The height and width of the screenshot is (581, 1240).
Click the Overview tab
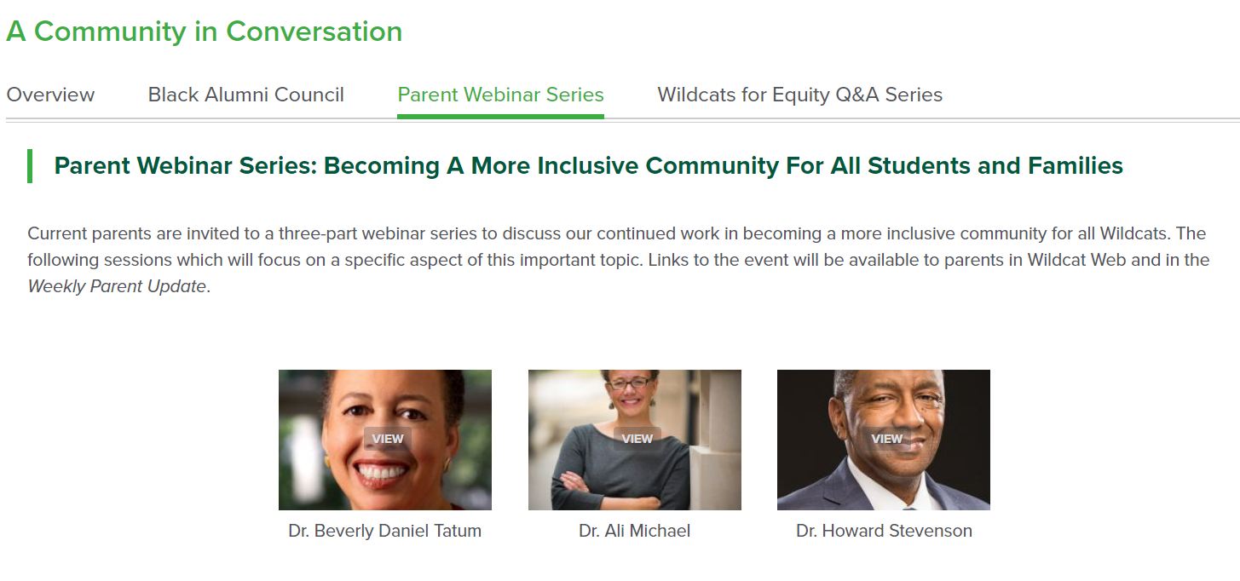[x=50, y=95]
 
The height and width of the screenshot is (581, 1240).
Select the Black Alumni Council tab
[x=245, y=95]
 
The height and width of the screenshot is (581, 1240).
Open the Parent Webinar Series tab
[x=500, y=95]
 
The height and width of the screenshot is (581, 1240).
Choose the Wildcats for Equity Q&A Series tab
[x=800, y=95]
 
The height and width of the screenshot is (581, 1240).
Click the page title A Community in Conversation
[x=205, y=31]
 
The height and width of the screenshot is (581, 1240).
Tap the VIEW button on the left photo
[x=388, y=439]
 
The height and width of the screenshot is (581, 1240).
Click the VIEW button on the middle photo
[x=637, y=439]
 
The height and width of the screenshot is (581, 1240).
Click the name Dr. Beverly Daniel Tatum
[x=384, y=531]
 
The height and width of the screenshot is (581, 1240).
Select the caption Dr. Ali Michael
[x=634, y=531]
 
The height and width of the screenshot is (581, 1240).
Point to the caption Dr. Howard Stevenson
[x=884, y=531]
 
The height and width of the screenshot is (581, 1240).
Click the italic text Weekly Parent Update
[x=117, y=286]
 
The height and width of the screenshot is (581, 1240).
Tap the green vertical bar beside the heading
[x=30, y=166]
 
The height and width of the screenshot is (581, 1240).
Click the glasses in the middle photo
[x=630, y=382]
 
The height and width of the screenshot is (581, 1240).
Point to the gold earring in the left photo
[x=326, y=461]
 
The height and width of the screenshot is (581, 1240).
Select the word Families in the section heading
[x=1075, y=165]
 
